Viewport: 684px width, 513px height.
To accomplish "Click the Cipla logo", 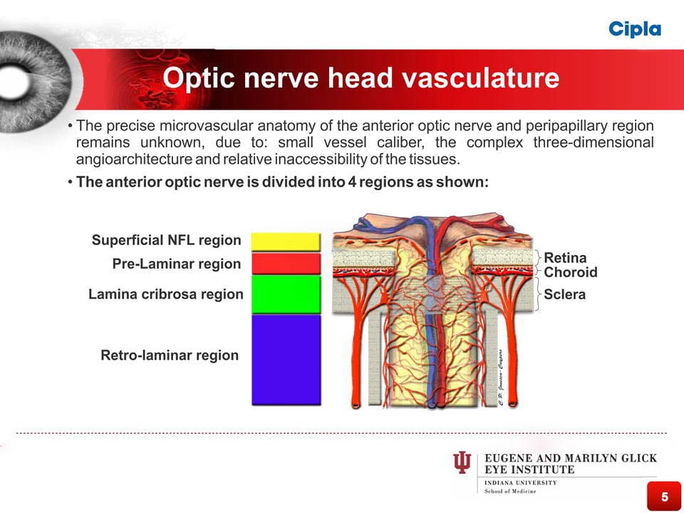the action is click(x=635, y=29).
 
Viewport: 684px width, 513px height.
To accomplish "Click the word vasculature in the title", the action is click(x=480, y=78).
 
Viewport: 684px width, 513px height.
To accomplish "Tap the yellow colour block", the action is click(x=286, y=242).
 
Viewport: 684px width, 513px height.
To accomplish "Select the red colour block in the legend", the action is click(x=286, y=264).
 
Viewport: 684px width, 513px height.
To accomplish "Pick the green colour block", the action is click(x=286, y=294).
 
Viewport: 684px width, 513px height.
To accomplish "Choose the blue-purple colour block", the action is click(x=286, y=360).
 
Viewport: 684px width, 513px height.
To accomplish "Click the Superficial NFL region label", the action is click(x=166, y=240).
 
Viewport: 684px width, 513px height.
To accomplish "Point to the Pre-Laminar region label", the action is click(x=177, y=264).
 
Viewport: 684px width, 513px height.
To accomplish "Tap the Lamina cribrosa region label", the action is click(x=166, y=294).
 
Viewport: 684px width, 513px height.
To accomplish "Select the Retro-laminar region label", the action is click(x=170, y=355).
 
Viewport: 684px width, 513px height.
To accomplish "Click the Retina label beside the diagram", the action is click(x=565, y=257).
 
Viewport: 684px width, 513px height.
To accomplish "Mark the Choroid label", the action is click(x=571, y=272).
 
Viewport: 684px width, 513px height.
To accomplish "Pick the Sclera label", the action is click(x=564, y=294).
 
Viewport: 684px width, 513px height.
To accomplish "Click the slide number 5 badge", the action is click(x=664, y=496).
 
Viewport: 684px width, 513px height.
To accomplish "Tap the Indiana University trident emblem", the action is click(x=462, y=462).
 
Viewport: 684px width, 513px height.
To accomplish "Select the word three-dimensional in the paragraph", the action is click(x=594, y=142).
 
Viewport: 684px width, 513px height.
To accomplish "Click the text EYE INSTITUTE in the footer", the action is click(x=529, y=470).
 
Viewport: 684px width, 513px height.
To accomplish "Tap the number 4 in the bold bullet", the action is click(x=352, y=182).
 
